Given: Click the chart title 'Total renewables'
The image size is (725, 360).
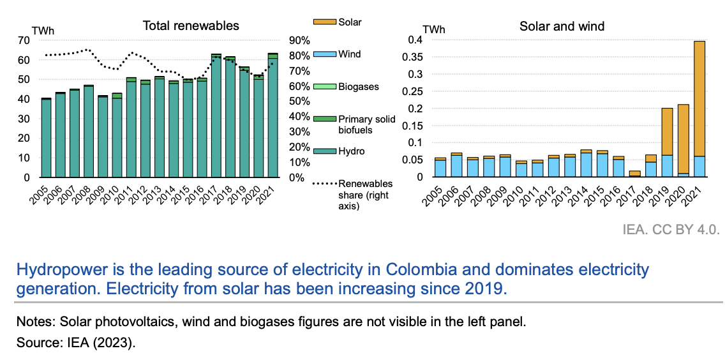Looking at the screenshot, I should point(190,26).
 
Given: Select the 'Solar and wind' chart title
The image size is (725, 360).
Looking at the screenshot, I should point(562,26).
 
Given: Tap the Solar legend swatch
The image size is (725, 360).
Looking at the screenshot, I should point(324,22).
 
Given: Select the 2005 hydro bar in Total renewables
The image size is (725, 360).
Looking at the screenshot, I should point(46,138).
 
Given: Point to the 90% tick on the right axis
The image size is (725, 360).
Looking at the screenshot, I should point(299,40).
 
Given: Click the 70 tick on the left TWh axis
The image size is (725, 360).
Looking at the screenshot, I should point(25,40).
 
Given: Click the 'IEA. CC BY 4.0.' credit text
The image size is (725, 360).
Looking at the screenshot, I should point(671,230).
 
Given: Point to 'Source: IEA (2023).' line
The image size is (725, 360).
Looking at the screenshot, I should point(77,343).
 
